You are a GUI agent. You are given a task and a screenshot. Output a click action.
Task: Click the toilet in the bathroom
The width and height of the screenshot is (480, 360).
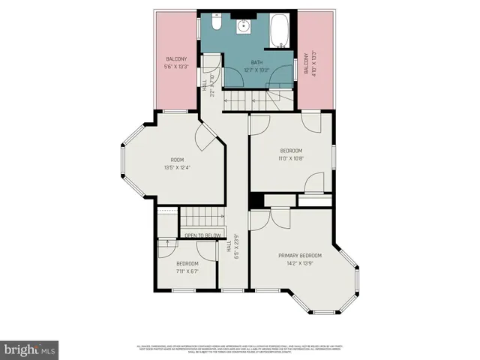click(215, 25)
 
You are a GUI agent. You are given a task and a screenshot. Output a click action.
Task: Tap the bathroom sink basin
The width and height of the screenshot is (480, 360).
click(244, 27)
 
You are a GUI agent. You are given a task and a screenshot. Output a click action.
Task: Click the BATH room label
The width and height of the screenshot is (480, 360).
click(257, 62)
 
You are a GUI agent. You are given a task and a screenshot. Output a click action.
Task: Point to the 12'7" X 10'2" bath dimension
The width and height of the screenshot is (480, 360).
click(257, 70)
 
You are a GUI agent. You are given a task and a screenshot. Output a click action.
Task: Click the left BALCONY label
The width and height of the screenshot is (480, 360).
click(176, 58)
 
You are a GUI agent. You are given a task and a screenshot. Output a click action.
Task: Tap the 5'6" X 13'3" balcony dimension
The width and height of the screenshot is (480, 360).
click(176, 66)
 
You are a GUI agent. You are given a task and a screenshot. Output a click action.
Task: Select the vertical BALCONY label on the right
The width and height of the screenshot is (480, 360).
click(306, 64)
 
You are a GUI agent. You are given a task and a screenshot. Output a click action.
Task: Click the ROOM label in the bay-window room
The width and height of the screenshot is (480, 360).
click(177, 159)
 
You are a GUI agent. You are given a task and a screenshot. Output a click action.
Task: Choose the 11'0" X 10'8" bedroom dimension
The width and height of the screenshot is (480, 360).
click(291, 158)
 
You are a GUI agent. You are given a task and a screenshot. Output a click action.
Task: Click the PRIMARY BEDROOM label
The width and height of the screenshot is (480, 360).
click(300, 255)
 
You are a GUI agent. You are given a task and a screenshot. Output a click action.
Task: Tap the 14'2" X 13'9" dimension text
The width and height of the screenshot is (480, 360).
click(300, 263)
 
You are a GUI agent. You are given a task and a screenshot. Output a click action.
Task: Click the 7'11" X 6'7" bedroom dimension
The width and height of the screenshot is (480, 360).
click(187, 271)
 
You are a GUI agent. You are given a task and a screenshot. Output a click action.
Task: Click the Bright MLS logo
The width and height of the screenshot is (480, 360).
click(30, 349)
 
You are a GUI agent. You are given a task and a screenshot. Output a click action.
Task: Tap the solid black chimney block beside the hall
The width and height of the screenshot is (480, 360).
click(256, 201)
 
